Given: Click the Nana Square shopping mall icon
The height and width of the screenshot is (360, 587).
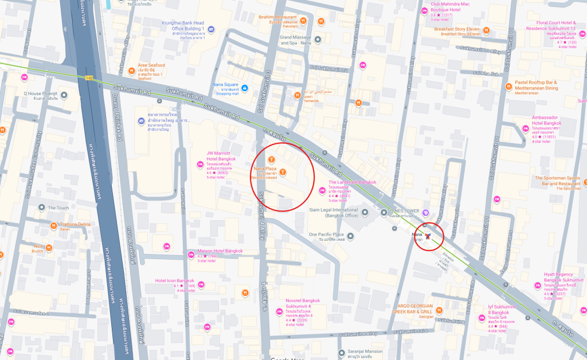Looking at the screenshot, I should coord(245,88).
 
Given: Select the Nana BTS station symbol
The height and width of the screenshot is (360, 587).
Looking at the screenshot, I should coord(428,236).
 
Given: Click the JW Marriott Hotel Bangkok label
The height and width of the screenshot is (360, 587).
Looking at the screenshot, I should coord(218,156).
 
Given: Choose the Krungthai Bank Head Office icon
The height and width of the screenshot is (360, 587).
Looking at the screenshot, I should coord(211,29).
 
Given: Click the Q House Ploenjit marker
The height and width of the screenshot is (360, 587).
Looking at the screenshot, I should coord(64,95).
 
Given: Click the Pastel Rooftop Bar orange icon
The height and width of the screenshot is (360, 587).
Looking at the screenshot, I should coord(508,87).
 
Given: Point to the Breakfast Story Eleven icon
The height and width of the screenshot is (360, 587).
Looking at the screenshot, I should coord(486,29).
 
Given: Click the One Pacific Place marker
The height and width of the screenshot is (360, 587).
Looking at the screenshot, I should coord(326,234).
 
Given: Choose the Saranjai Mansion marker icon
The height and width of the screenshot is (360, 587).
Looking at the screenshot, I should coord(341,351).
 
